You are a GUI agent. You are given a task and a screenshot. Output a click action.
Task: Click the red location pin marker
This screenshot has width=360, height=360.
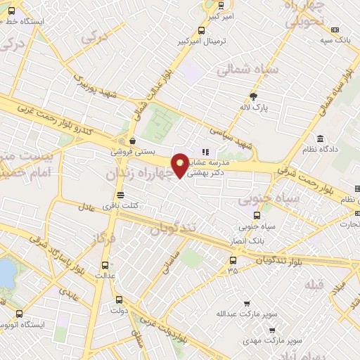(x=180, y=164)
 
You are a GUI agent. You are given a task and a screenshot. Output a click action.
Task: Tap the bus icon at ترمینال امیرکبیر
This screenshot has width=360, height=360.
(x=202, y=30)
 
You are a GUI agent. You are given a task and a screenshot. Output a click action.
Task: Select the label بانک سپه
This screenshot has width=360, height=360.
(x=335, y=41)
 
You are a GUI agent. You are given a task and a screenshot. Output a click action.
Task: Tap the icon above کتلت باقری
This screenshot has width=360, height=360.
(x=120, y=195)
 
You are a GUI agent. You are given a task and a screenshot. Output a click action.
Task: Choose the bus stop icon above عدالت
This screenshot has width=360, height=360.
(x=105, y=265)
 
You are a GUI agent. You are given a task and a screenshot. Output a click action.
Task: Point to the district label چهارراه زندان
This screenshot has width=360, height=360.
(x=140, y=172)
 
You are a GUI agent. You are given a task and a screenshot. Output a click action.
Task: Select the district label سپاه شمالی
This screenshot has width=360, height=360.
(x=248, y=70)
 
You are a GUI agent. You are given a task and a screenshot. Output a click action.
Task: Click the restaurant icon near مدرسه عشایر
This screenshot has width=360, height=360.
(x=205, y=151)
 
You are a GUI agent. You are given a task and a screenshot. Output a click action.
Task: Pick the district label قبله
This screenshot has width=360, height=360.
(x=315, y=285)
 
